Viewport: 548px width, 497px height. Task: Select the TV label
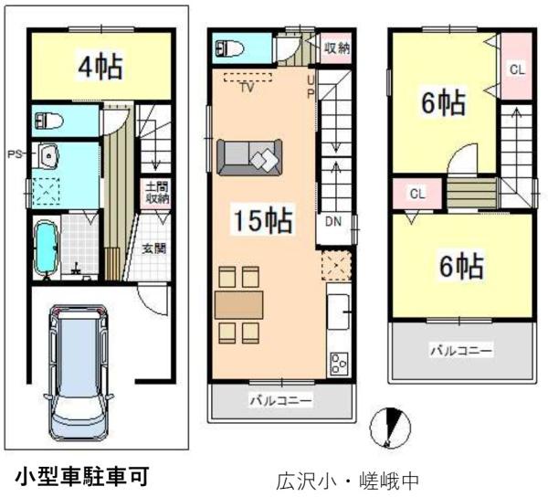point(247,89)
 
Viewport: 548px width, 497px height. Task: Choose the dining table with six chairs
point(239,303)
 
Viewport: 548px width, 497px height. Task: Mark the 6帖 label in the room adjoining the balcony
point(461,266)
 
